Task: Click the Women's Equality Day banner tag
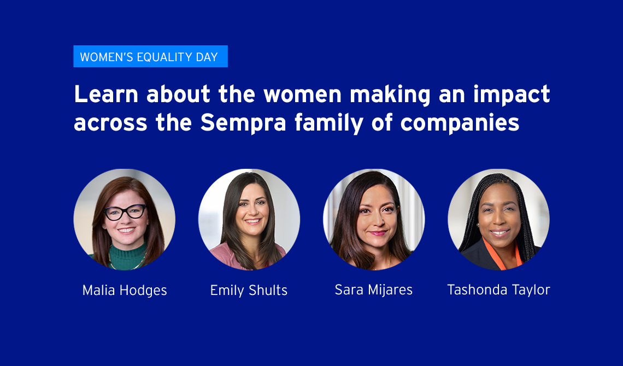151,56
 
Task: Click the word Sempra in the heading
243,123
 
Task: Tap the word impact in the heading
512,95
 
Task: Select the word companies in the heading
460,123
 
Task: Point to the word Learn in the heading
106,94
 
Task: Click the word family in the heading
329,123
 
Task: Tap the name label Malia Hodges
125,290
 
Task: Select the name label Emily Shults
249,290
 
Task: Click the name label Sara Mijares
373,290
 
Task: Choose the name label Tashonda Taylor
498,290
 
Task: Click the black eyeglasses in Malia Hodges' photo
125,212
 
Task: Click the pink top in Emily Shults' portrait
235,257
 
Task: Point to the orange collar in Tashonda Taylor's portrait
502,256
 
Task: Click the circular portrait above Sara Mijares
374,220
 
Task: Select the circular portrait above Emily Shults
249,220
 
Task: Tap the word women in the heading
302,95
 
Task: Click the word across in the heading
110,123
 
